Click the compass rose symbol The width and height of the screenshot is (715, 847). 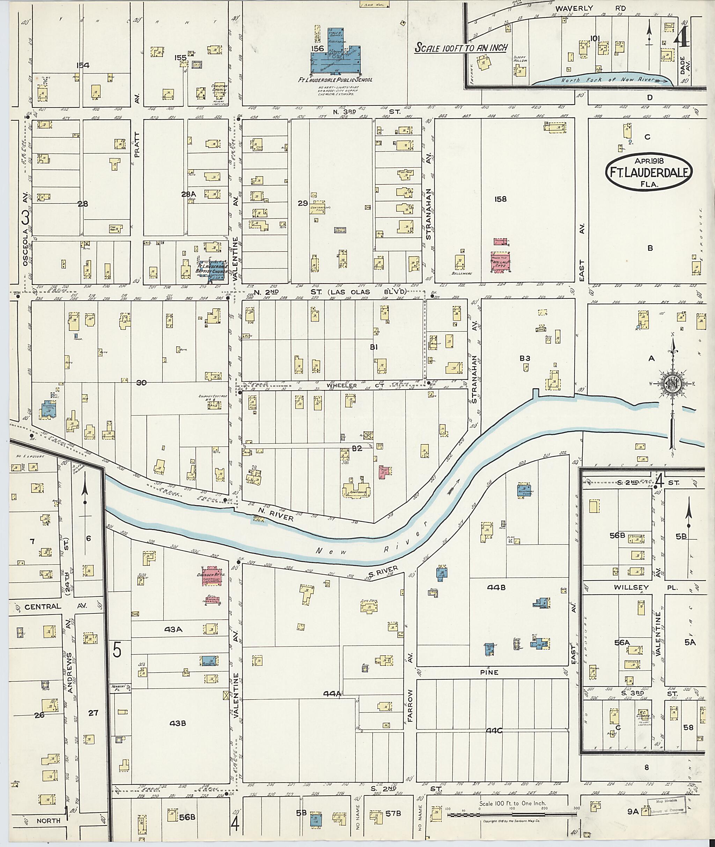coord(672,383)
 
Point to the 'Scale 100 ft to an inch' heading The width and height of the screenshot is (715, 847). coord(461,48)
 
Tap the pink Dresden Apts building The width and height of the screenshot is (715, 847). coord(210,576)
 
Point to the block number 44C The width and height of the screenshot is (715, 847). coord(494,731)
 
